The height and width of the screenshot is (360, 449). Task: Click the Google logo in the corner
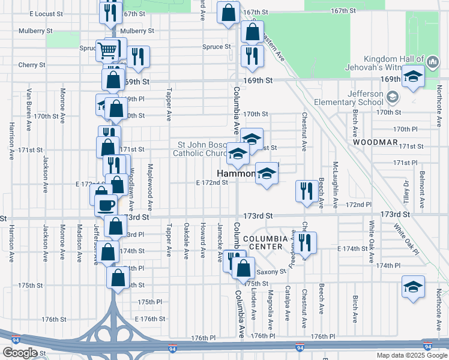(x=20, y=353)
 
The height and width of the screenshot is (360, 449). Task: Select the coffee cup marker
(x=106, y=205)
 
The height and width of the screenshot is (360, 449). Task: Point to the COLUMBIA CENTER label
(x=263, y=242)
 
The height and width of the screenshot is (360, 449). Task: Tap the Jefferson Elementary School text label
(x=365, y=98)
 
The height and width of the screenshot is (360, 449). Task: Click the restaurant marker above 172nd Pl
(x=307, y=191)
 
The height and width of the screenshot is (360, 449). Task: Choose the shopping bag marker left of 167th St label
(x=228, y=13)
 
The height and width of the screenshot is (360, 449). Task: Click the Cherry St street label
(x=32, y=65)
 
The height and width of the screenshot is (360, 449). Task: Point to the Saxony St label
(x=272, y=272)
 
